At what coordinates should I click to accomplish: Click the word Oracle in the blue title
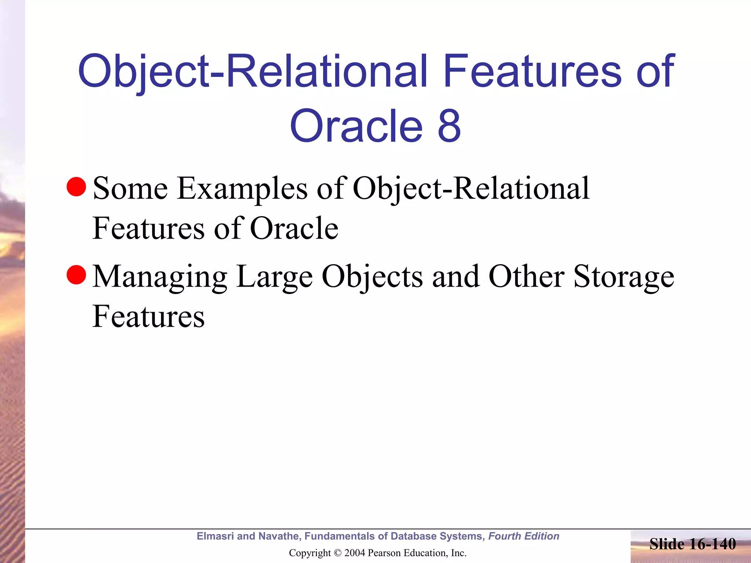pyautogui.click(x=356, y=126)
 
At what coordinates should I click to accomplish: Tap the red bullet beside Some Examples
pyautogui.click(x=76, y=187)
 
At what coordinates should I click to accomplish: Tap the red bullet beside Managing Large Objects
pyautogui.click(x=76, y=275)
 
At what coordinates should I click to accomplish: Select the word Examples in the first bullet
pyautogui.click(x=242, y=189)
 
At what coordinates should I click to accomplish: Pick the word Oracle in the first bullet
pyautogui.click(x=294, y=228)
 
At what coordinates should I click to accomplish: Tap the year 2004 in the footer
pyautogui.click(x=355, y=553)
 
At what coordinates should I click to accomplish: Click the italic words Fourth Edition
pyautogui.click(x=524, y=536)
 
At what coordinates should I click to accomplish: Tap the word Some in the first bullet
pyautogui.click(x=131, y=189)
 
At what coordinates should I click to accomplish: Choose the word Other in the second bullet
pyautogui.click(x=526, y=277)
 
